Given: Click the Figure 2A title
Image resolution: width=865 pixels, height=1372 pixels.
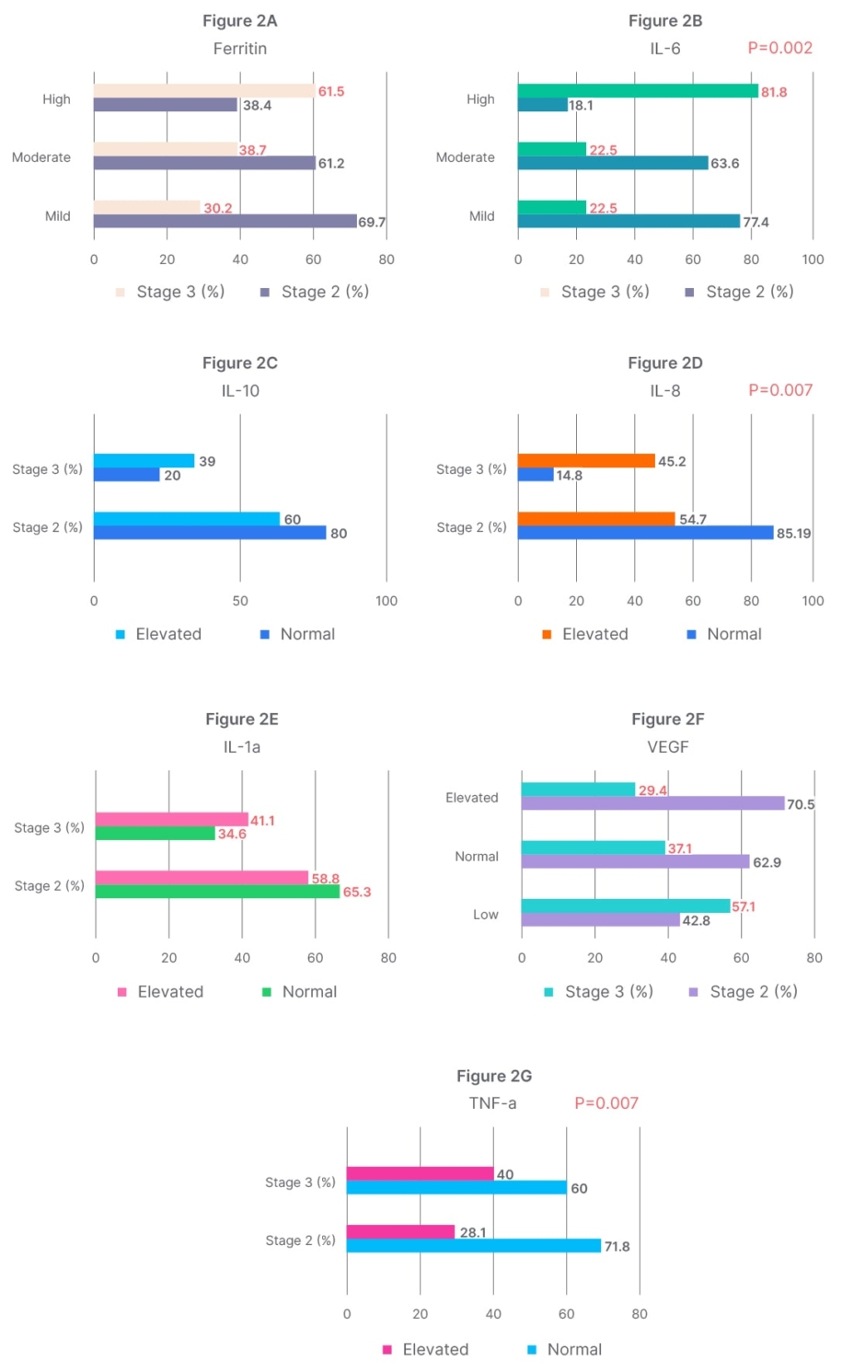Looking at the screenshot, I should coord(239,20).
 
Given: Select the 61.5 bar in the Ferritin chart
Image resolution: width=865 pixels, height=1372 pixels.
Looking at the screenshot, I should coord(203,90).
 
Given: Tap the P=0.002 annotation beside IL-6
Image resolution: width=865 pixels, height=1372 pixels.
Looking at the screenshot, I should coord(779,48).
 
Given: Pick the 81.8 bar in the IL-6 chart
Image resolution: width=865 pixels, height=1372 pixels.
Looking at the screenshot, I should coord(637,90).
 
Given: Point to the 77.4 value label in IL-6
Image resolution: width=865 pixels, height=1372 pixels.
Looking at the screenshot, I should coord(755,222).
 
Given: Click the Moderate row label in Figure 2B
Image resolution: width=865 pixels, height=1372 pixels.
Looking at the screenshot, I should coord(465,157).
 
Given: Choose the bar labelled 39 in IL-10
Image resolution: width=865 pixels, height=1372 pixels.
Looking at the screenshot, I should coord(144,460).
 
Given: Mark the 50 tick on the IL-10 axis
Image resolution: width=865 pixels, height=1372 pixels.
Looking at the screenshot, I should coord(240,601).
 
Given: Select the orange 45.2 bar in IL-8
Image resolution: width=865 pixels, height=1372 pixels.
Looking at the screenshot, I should coord(586,460).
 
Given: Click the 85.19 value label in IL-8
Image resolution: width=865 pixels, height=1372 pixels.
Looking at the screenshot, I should coord(793,533).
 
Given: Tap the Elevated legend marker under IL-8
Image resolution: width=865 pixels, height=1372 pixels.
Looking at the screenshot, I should coord(547,634).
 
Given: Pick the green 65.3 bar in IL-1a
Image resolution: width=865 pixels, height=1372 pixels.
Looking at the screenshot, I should coord(217,892).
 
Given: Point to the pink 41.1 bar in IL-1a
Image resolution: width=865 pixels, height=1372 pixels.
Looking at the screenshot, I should coord(171,819).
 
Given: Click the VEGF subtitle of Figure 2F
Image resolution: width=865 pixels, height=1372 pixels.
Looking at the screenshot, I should coord(667,746).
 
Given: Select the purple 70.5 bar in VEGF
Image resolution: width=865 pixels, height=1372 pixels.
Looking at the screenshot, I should coord(652,803).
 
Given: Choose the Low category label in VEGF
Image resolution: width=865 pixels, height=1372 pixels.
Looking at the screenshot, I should coord(485,914).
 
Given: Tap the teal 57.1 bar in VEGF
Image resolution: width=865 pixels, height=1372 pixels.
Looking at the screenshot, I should coord(626,905).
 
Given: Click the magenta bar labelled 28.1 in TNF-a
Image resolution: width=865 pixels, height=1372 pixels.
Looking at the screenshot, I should coord(400,1231).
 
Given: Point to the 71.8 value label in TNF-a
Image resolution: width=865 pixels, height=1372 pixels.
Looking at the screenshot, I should coord(617,1246).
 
